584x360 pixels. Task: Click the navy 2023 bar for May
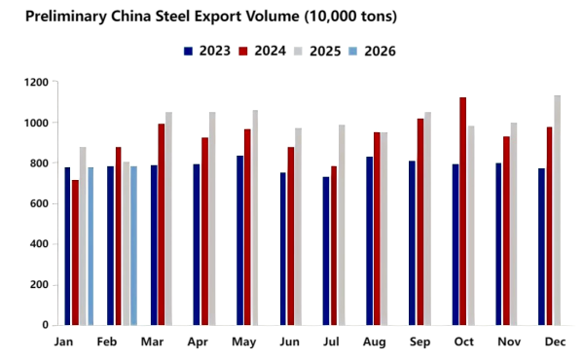coord(239,240)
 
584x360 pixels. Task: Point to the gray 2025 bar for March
coord(168,218)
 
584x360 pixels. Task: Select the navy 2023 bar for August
coord(369,240)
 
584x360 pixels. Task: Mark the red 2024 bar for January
coord(75,252)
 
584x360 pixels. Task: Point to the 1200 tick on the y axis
coord(36,83)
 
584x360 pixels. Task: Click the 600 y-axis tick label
coord(40,203)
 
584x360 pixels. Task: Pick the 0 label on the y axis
coord(46,325)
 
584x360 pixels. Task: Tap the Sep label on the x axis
coord(420,342)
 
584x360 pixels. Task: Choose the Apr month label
coord(197,342)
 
